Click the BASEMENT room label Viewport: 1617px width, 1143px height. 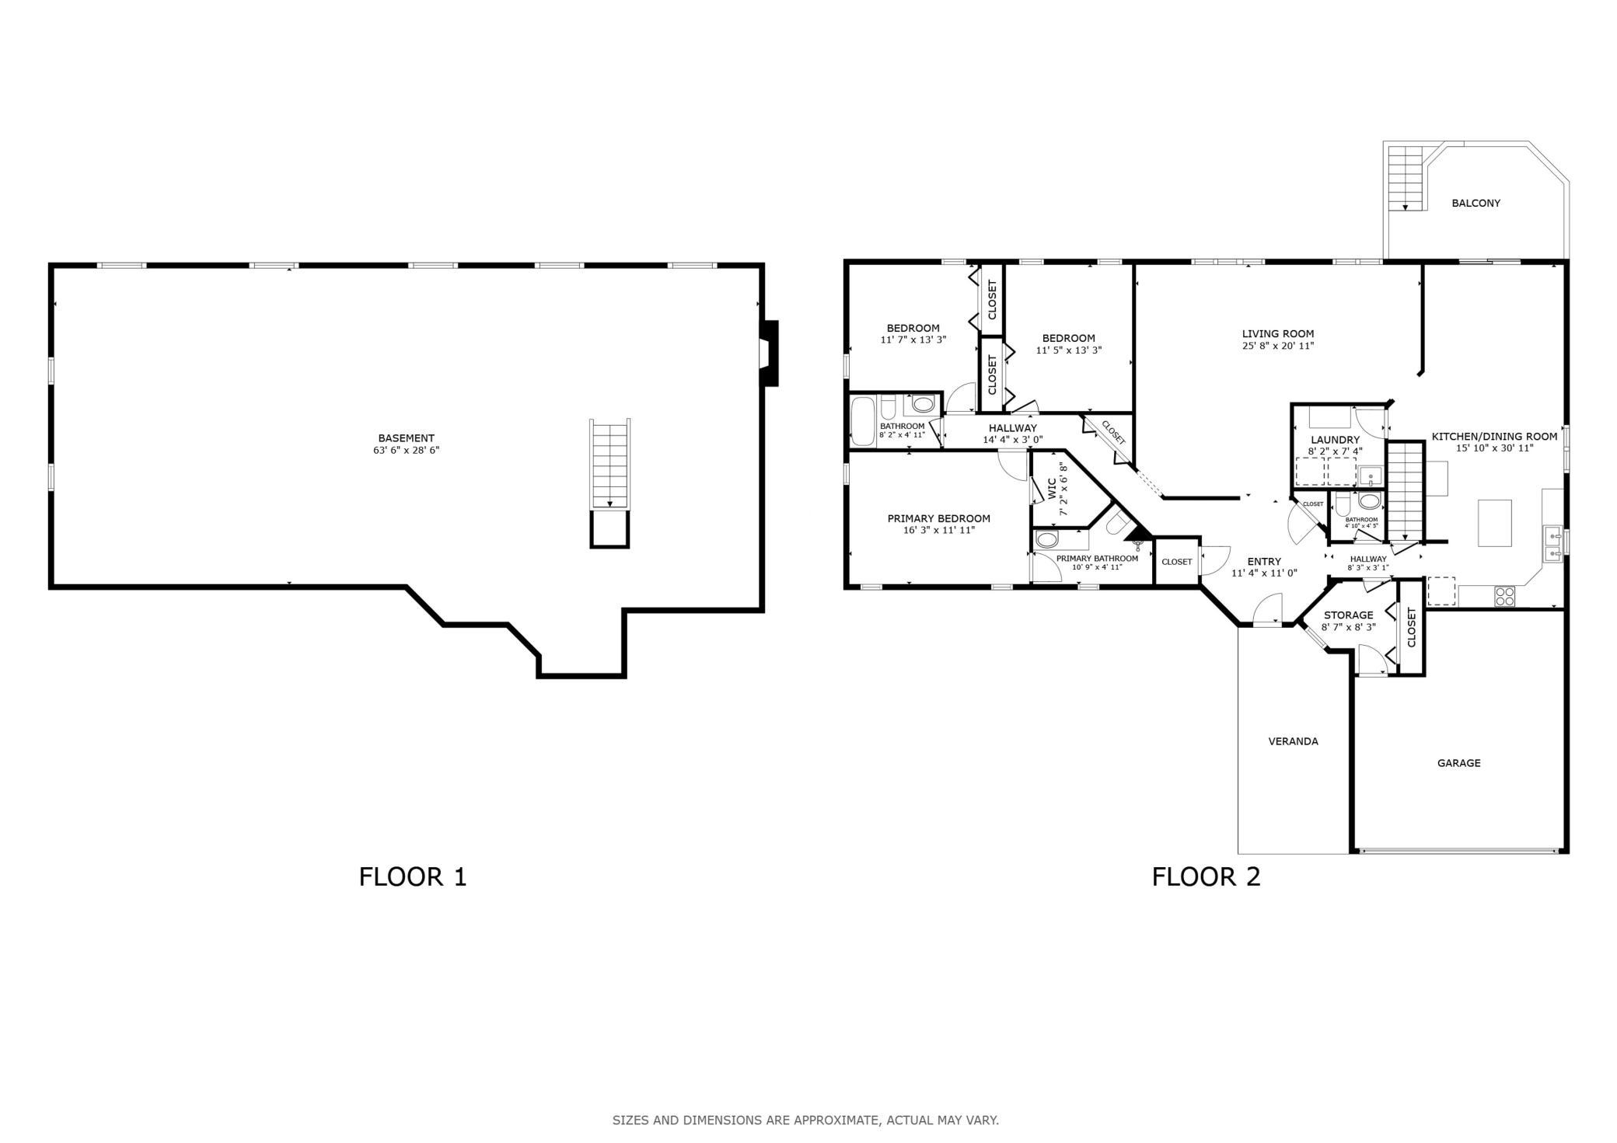(406, 438)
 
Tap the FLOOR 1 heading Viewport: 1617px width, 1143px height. (412, 876)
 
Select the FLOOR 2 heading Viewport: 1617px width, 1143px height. (1206, 876)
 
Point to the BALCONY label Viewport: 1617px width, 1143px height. (1476, 204)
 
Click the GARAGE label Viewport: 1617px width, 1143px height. (1458, 763)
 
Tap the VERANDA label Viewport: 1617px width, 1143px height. (1293, 741)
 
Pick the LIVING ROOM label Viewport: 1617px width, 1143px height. (1277, 334)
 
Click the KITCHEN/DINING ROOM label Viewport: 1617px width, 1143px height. (1494, 437)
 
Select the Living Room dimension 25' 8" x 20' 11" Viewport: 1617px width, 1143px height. (1277, 347)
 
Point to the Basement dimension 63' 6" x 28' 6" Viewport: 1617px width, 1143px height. (406, 450)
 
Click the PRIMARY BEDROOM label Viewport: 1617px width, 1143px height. (938, 519)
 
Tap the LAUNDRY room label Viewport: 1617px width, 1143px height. (1335, 440)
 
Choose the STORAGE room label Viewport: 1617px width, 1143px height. (1348, 615)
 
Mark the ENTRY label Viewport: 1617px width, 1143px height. (1264, 562)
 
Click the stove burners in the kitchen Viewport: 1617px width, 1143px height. (1504, 596)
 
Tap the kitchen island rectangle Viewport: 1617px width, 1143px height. (1494, 523)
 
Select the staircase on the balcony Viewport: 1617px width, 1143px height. (1405, 178)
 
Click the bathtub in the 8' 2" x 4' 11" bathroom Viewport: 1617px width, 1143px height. (863, 420)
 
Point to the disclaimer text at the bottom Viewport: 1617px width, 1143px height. (805, 1120)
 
